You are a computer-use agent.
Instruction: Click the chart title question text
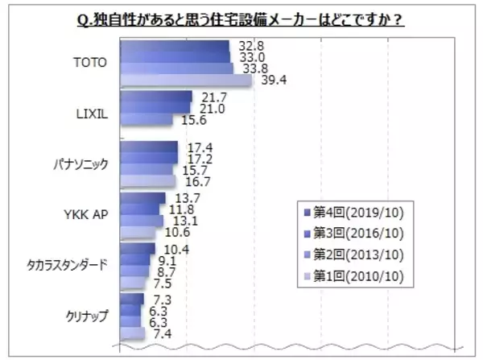[x=241, y=16]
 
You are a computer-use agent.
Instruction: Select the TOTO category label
[x=89, y=63]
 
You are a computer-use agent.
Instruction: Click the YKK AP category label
[x=85, y=213]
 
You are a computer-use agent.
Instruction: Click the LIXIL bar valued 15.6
[x=146, y=120]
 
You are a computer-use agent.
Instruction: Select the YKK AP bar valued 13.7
[x=142, y=197]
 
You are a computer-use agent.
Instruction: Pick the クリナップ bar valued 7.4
[x=132, y=333]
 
